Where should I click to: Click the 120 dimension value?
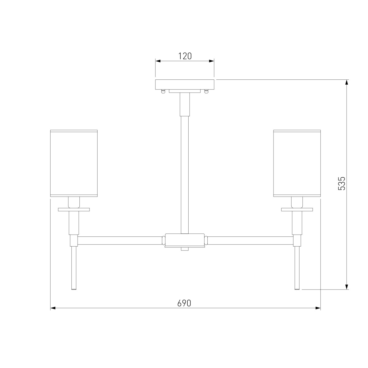pos(185,56)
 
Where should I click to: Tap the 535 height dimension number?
pos(342,183)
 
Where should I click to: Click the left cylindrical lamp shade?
pos(74,163)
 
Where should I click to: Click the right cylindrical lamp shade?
pos(297,163)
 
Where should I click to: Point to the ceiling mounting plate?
pos(185,84)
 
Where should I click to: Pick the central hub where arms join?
pos(185,240)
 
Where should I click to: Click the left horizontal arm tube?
pos(120,241)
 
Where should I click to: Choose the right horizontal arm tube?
pos(250,241)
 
